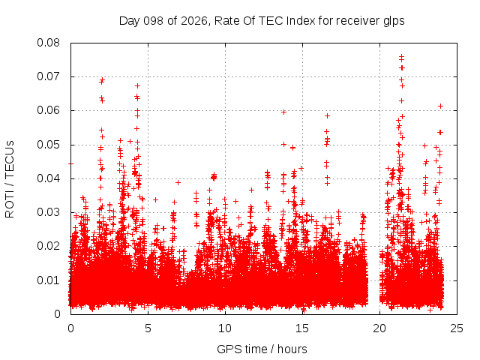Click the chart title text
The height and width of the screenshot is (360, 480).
click(x=262, y=21)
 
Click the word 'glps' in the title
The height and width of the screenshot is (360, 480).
click(x=394, y=21)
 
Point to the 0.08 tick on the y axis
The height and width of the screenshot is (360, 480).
click(x=48, y=43)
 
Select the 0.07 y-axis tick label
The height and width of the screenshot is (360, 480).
click(x=48, y=76)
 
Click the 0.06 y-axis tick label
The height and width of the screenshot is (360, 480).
click(x=48, y=110)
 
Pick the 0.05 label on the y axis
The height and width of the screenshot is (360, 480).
click(x=48, y=145)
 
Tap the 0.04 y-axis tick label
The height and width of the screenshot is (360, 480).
click(x=48, y=178)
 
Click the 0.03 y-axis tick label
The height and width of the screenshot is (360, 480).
click(x=48, y=212)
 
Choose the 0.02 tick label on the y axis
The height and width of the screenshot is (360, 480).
click(x=48, y=246)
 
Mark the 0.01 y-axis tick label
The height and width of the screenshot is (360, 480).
click(x=48, y=280)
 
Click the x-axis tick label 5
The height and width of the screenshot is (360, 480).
click(x=148, y=328)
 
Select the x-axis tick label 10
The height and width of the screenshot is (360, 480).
click(x=225, y=328)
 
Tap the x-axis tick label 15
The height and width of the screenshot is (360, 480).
click(x=302, y=328)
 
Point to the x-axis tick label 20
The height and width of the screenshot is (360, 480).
click(x=379, y=328)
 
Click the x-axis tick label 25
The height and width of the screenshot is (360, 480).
click(x=457, y=328)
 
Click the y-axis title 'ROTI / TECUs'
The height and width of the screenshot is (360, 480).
click(x=10, y=179)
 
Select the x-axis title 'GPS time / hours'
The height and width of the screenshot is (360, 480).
click(x=262, y=349)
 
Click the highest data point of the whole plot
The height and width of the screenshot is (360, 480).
click(x=402, y=56)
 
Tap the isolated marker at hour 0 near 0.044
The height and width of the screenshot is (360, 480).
click(x=70, y=163)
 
